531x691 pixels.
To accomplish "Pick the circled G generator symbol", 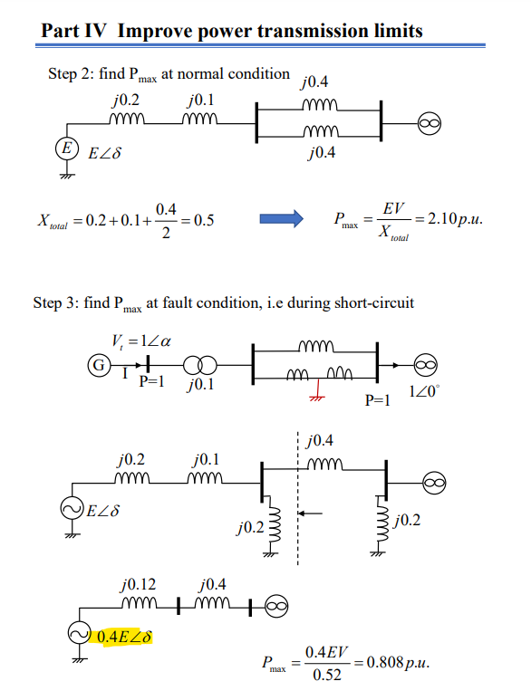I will (x=94, y=366).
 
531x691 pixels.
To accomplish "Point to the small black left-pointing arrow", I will (x=310, y=513).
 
